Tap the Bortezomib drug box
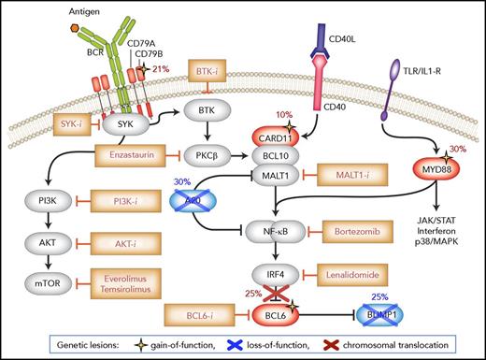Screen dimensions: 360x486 pos(355,230)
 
